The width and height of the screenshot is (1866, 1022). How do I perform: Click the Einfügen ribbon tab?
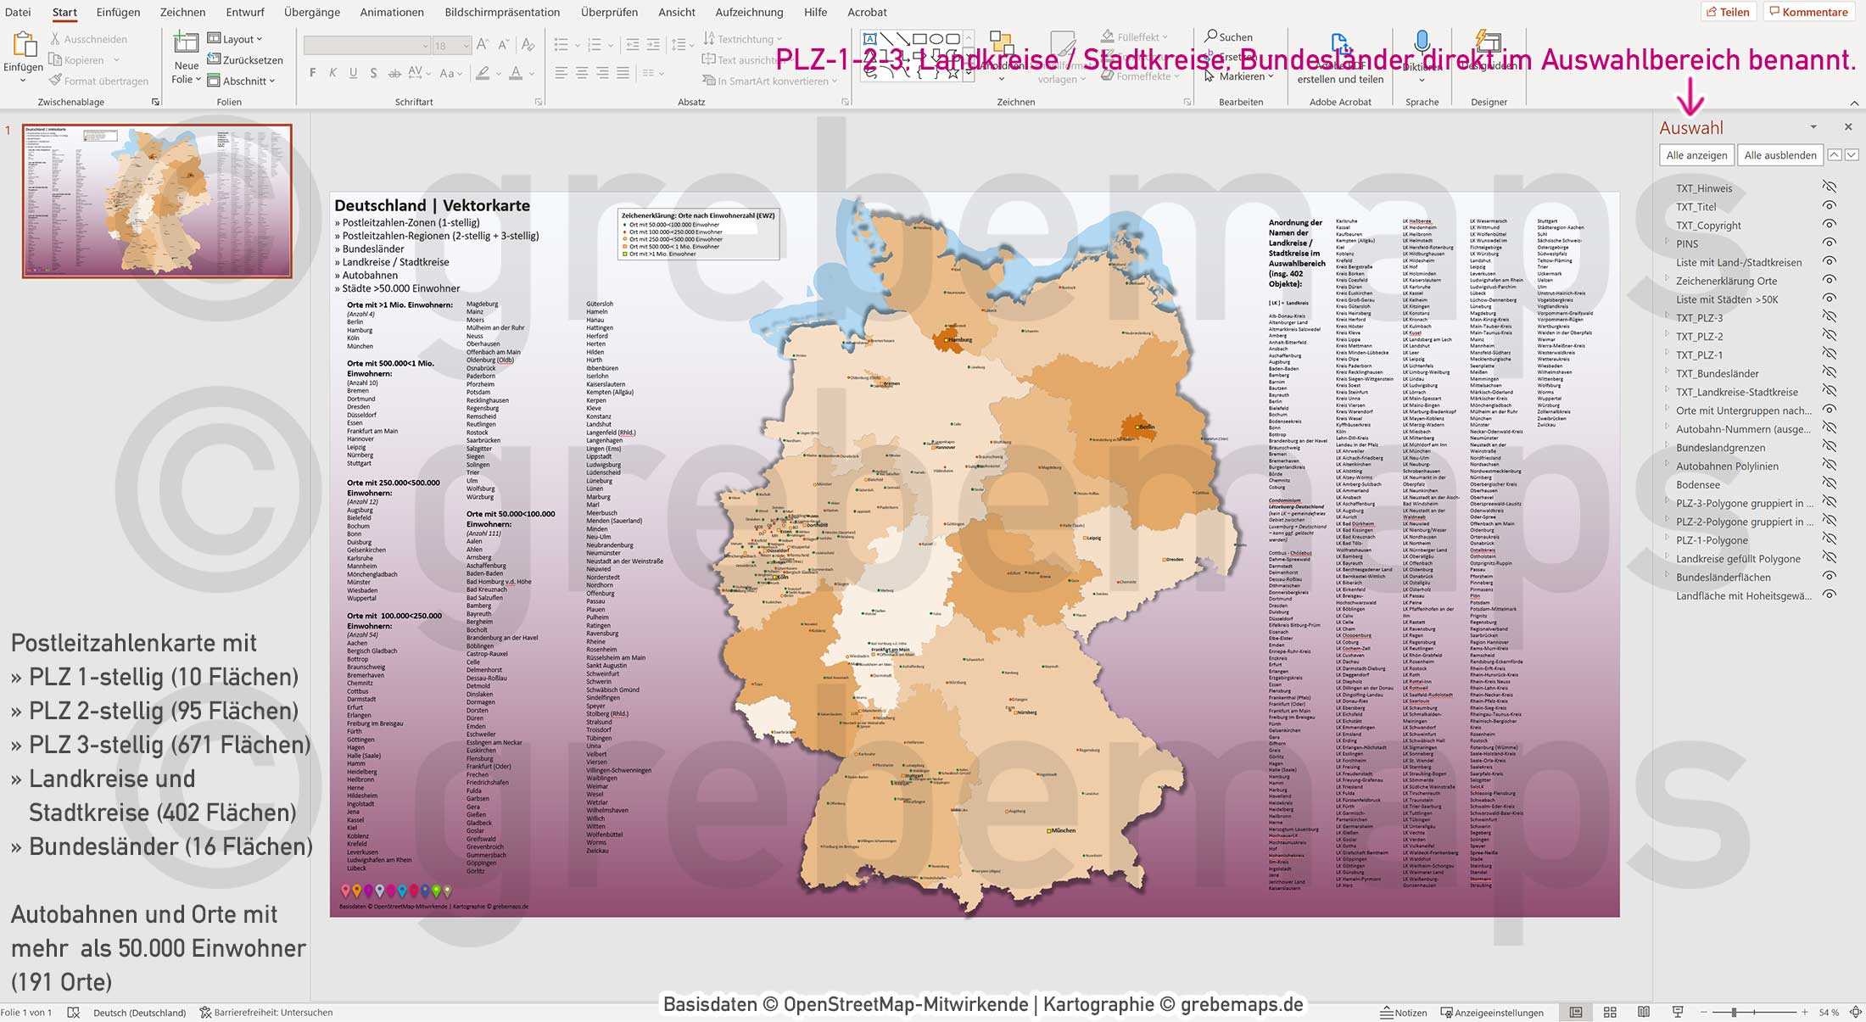(118, 12)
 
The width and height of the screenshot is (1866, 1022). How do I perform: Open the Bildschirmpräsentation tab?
(502, 12)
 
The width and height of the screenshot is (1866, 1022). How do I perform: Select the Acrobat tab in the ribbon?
(867, 12)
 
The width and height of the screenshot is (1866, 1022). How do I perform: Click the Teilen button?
(1728, 12)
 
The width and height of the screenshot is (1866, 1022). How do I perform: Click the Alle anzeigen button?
(1696, 155)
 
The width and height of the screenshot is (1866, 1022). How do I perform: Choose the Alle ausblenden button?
(1779, 155)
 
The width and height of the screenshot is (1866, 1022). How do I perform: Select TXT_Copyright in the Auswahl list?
(1708, 226)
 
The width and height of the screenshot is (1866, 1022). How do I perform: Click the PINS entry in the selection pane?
(1687, 244)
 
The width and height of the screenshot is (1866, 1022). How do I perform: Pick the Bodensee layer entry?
(1698, 485)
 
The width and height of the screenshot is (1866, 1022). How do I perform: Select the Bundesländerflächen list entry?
(1724, 578)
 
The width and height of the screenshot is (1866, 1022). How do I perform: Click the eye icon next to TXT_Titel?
(1830, 206)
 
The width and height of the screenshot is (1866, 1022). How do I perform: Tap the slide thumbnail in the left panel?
(157, 201)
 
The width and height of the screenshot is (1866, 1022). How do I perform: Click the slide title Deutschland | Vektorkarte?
(432, 205)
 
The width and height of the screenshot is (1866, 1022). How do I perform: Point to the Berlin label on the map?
(1147, 427)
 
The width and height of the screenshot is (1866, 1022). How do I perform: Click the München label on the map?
(1064, 830)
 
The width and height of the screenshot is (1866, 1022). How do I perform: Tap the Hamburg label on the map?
(959, 339)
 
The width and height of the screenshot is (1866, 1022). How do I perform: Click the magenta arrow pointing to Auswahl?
(1690, 97)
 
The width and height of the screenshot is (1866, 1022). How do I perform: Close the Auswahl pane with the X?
(1848, 127)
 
